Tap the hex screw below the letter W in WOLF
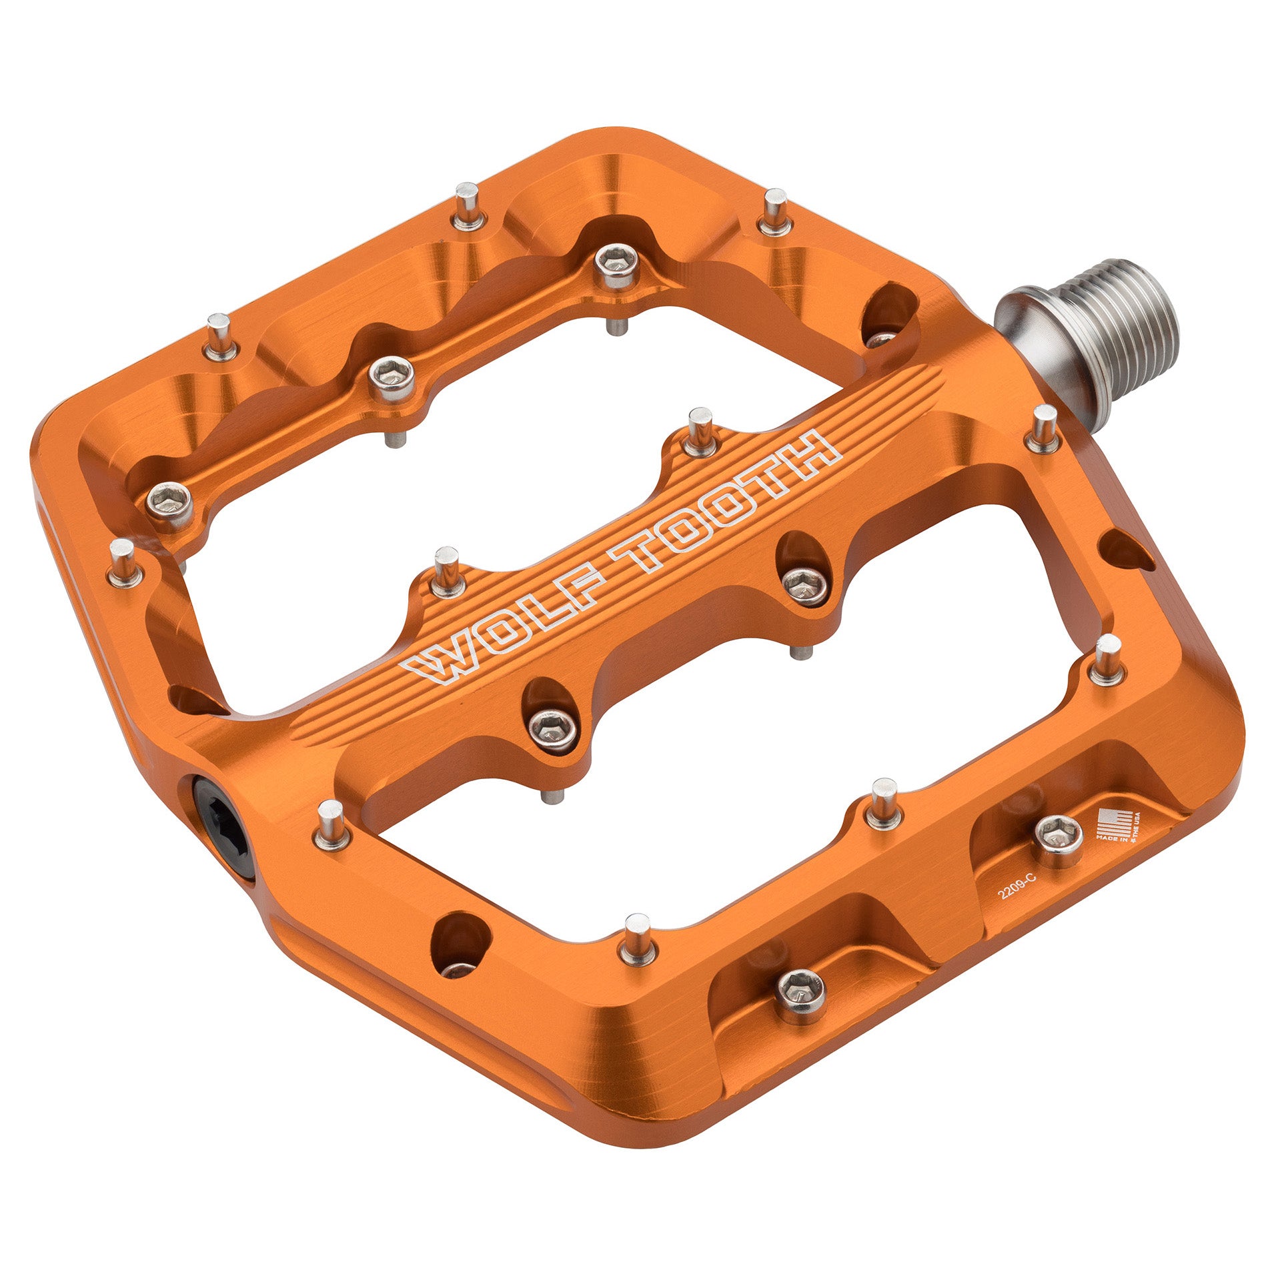click(553, 725)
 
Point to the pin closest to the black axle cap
click(331, 825)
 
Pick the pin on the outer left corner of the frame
click(123, 563)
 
